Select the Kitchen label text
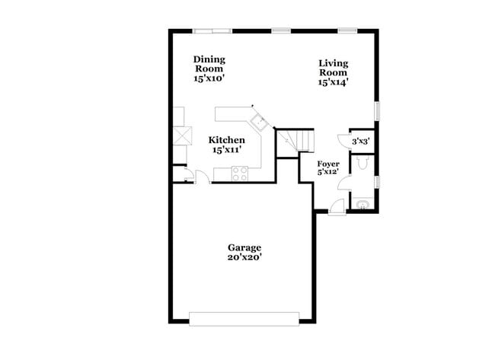(x=227, y=140)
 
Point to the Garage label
(x=244, y=247)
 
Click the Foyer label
(x=328, y=163)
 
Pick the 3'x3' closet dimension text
(x=359, y=141)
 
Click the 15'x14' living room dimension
(x=334, y=82)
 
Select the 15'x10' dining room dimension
(x=209, y=78)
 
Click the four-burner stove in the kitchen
(x=240, y=174)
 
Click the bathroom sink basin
(x=362, y=204)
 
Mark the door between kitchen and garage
(x=203, y=178)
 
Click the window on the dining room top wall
(x=212, y=30)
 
